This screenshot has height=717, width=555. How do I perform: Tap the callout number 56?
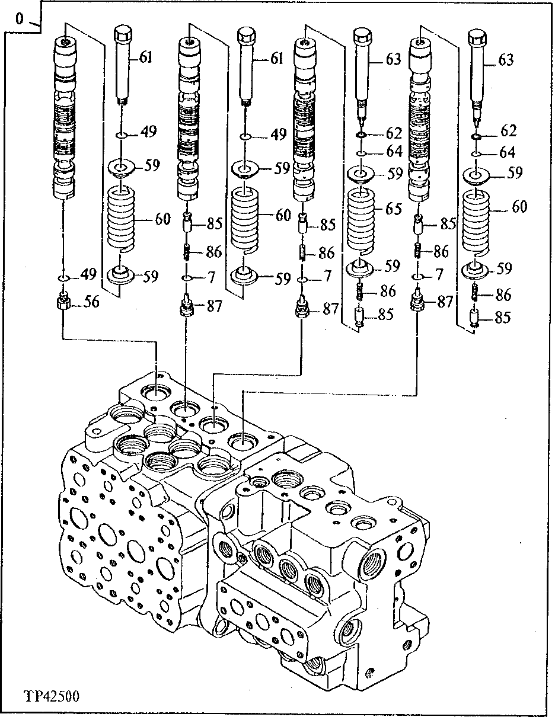[x=91, y=302]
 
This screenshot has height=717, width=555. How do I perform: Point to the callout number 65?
[x=393, y=209]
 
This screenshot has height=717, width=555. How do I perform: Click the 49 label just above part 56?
[x=88, y=274]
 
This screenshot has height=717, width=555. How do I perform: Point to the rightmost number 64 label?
[x=507, y=153]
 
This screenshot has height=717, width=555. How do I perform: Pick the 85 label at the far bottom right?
[x=502, y=318]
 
